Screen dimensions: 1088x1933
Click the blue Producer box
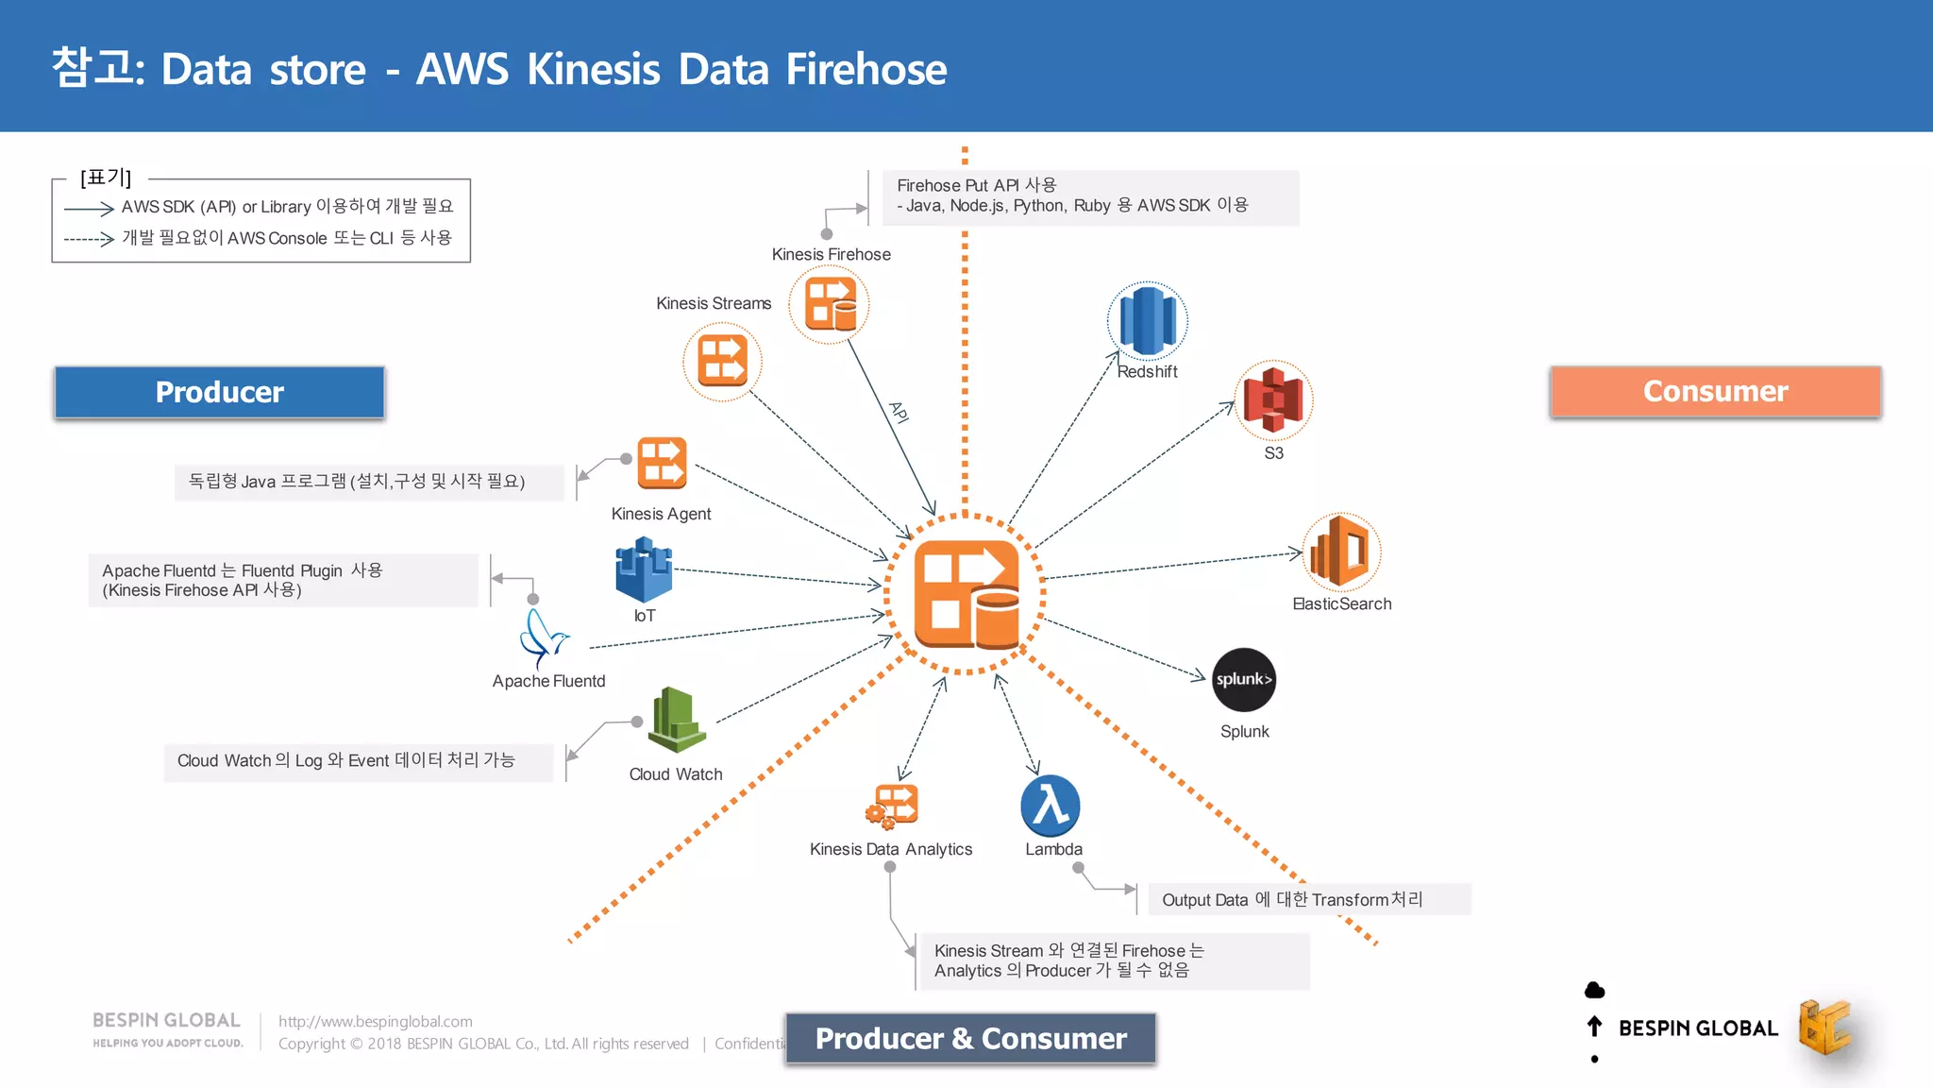219,392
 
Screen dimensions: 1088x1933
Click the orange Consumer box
1715,391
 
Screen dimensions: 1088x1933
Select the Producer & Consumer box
970,1038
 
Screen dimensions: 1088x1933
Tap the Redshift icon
1147,321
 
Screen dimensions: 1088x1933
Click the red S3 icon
1272,400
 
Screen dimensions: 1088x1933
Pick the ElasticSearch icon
1340,551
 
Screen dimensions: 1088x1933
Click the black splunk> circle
1243,679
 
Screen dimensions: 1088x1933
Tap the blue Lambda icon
1051,806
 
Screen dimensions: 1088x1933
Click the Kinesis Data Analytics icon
892,806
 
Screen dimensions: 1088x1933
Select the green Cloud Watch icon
677,720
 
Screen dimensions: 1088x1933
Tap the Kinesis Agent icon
662,463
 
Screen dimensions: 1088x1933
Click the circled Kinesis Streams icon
722,362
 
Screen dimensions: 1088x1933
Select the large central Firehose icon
966,594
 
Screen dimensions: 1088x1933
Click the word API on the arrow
899,413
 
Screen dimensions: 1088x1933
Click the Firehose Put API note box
1090,196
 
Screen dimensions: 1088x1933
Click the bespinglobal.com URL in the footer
375,1021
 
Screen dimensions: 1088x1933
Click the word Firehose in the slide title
866,69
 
